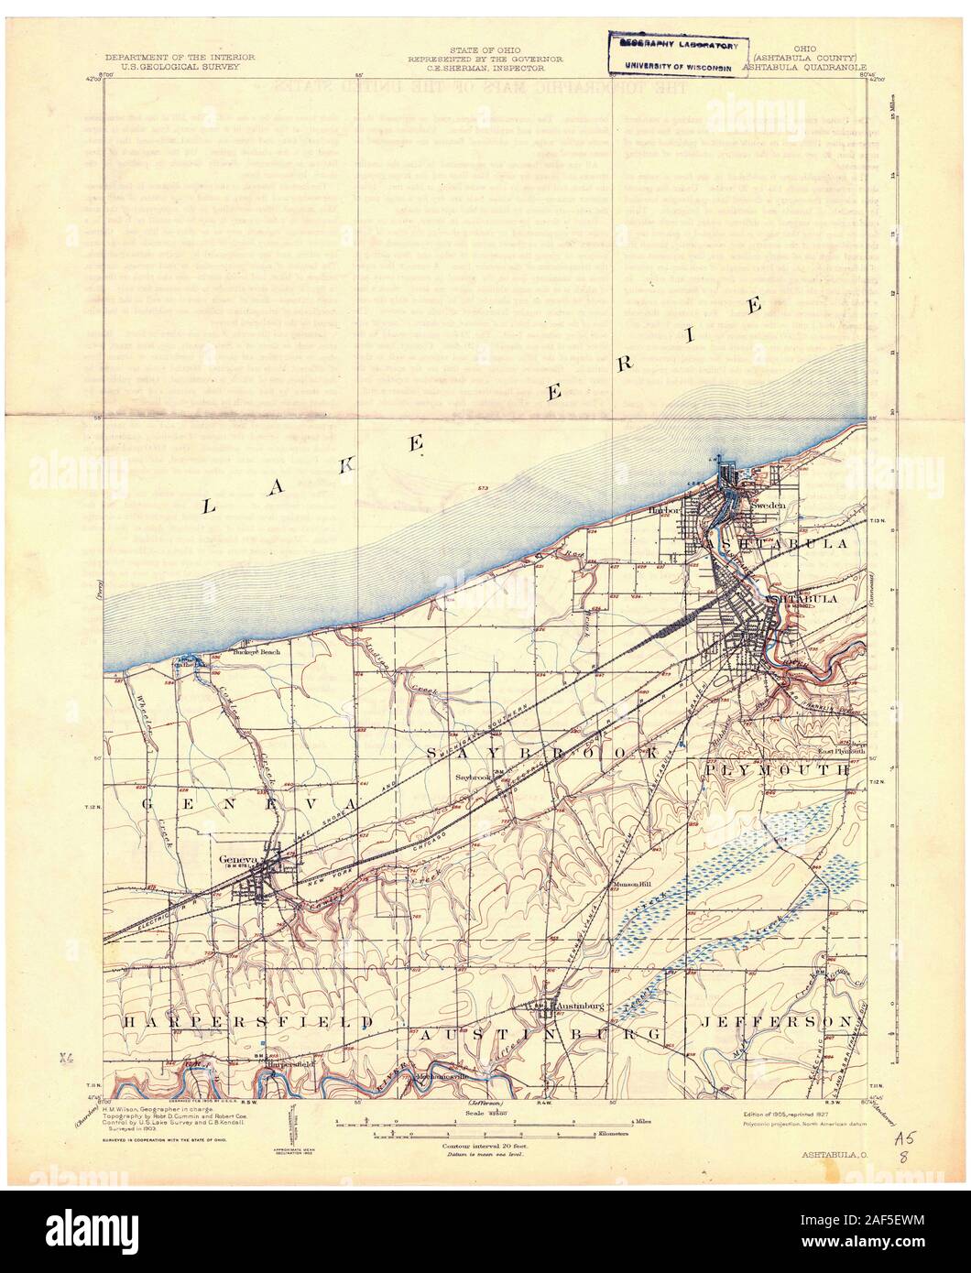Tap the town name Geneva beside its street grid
tap(235, 859)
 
